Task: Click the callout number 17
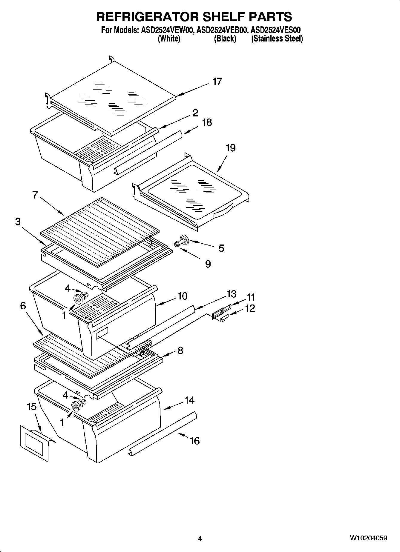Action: click(x=217, y=81)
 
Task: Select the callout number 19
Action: click(x=230, y=148)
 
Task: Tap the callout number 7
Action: click(x=35, y=195)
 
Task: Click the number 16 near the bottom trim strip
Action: click(x=194, y=441)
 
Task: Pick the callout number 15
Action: click(x=31, y=407)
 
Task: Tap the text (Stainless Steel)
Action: click(x=277, y=39)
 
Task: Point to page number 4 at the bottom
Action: click(x=200, y=539)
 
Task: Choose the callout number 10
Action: click(x=182, y=296)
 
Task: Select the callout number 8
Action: click(x=180, y=350)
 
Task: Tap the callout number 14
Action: click(x=189, y=400)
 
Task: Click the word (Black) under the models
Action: click(x=225, y=39)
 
